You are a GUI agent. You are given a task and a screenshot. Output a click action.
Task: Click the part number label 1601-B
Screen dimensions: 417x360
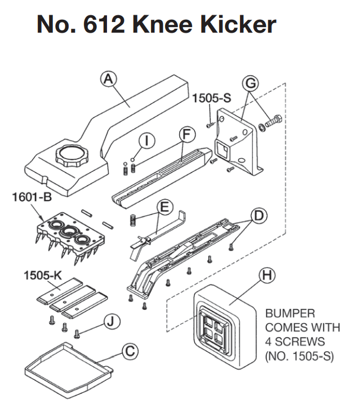coord(31,198)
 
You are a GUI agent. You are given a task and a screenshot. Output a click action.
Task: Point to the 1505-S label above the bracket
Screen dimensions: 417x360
coord(212,99)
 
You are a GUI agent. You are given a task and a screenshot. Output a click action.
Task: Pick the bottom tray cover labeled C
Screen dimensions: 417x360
coord(66,369)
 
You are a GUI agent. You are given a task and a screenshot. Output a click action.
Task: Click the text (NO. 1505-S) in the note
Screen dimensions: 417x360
coord(298,357)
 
